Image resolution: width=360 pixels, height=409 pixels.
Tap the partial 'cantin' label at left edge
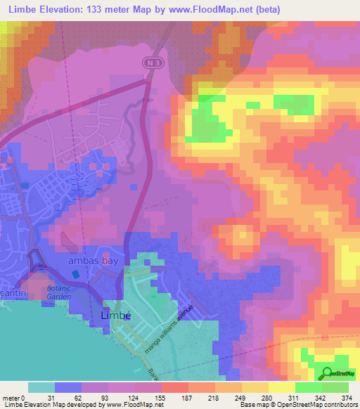tap(10, 281)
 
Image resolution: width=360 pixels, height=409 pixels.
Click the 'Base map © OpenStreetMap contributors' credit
tap(296, 405)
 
